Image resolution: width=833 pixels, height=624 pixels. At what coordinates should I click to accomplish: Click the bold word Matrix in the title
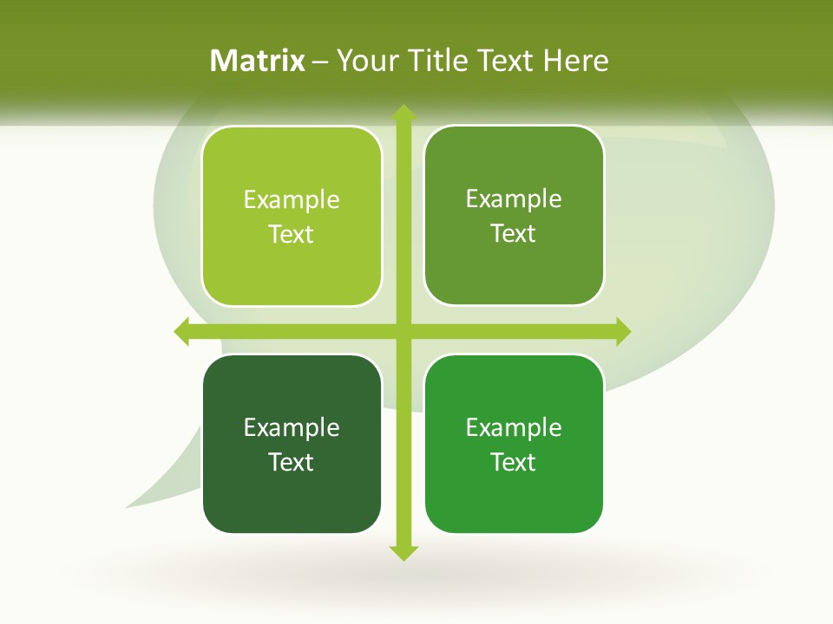257,61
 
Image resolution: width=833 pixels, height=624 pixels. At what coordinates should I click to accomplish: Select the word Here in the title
576,61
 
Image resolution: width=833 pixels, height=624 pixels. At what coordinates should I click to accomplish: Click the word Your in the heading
369,61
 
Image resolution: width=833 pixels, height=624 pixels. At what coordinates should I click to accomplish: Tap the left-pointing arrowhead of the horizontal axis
182,331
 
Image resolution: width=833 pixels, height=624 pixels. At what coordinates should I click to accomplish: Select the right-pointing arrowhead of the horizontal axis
623,331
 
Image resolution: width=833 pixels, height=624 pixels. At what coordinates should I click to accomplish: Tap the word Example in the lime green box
292,200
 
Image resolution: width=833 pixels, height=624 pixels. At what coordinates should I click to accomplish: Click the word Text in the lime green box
292,235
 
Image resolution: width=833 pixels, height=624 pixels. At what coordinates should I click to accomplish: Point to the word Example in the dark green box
292,427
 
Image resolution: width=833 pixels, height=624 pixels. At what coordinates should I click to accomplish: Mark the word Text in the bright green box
514,462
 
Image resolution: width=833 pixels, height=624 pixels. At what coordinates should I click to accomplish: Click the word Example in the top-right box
514,199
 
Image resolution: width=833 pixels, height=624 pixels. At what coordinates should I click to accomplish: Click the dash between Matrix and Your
320,62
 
